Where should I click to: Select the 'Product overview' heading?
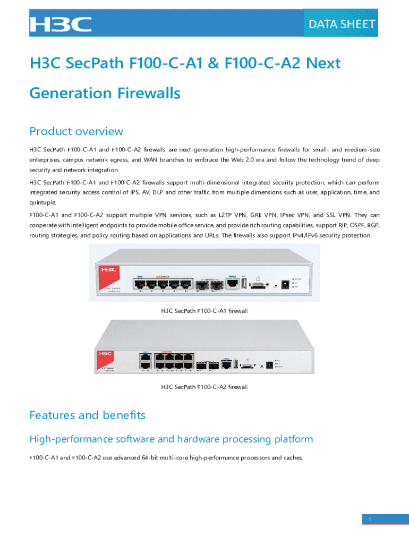pos(76,131)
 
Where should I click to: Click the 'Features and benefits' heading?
pos(87,415)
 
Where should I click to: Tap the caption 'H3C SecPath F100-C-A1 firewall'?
pos(204,311)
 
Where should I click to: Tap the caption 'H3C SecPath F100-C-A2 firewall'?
pos(204,387)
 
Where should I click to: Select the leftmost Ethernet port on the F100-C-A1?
pos(141,283)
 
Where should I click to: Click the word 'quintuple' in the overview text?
pos(42,202)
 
